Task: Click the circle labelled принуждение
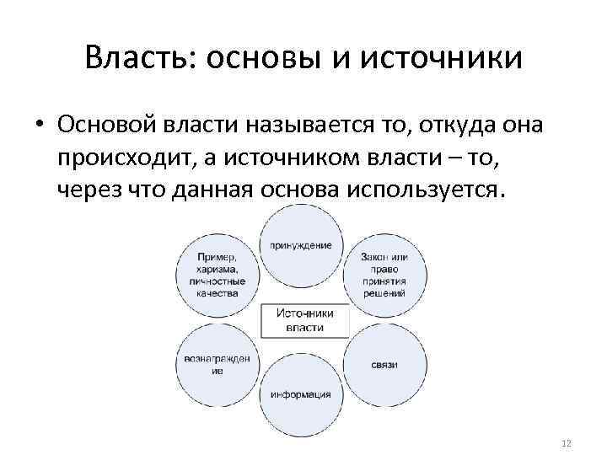[x=301, y=244]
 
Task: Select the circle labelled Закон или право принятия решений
[x=384, y=275]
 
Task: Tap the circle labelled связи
[x=384, y=364]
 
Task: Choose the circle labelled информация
[x=301, y=394]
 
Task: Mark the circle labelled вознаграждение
[x=218, y=364]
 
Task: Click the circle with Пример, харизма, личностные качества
[x=218, y=275]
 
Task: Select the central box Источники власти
[x=304, y=319]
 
